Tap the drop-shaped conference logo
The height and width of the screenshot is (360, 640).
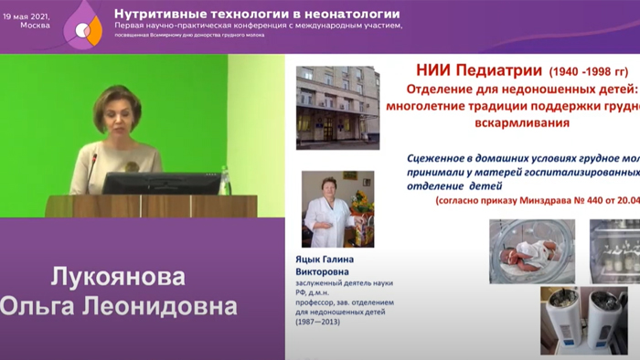click(83, 26)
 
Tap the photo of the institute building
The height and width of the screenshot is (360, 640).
click(337, 106)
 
